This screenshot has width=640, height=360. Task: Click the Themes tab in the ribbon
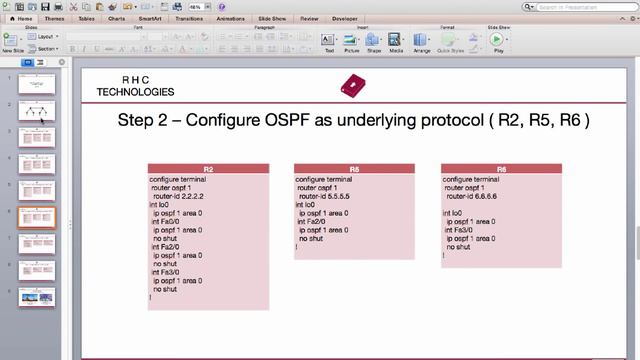click(55, 18)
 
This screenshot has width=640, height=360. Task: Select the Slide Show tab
click(273, 18)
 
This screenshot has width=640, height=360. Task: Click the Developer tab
click(344, 18)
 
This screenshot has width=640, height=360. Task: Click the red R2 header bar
click(208, 169)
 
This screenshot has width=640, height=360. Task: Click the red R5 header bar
click(354, 169)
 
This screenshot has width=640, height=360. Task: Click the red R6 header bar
click(501, 169)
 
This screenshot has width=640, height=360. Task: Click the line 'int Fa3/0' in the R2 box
click(166, 271)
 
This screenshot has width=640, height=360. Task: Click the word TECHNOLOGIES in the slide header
click(135, 92)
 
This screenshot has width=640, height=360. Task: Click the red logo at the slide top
click(353, 86)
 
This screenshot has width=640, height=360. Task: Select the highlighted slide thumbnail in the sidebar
click(36, 217)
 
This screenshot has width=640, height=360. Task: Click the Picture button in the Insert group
click(352, 42)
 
